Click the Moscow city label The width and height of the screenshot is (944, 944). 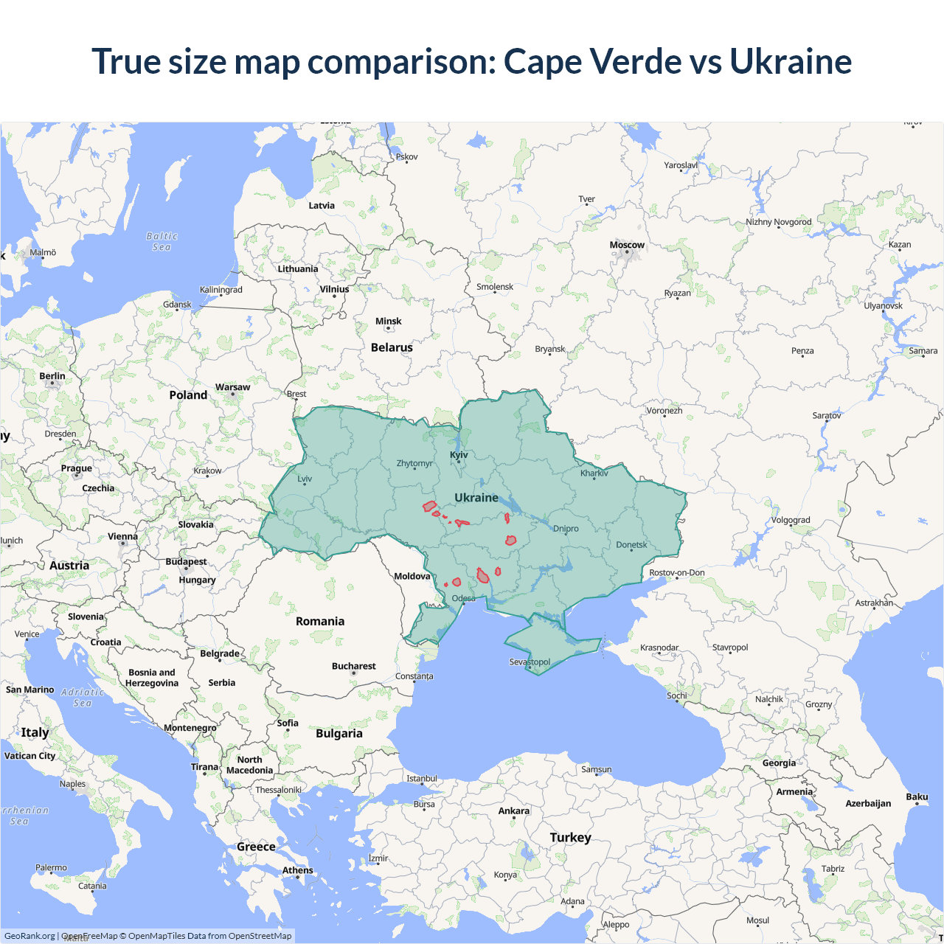coord(627,245)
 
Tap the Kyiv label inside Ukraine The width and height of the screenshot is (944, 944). coord(459,455)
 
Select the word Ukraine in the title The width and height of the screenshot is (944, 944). coord(790,61)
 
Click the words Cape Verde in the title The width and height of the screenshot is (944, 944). coord(592,61)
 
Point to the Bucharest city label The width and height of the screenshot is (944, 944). coord(353,666)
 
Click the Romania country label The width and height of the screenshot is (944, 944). coord(320,621)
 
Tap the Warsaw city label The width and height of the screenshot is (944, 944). coord(232,387)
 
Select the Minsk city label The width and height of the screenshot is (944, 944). coord(388,322)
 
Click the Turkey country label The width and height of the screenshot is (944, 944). coord(570,837)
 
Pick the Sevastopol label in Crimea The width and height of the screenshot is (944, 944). coord(530,662)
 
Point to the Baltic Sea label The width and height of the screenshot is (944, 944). coord(162,241)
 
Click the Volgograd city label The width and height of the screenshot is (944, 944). coord(791,520)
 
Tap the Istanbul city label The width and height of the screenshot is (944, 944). coord(422,778)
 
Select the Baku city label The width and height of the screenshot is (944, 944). coord(917,796)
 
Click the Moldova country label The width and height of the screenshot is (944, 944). coord(412,576)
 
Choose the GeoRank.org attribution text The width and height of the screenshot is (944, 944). coord(29,936)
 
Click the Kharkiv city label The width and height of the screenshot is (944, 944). coord(594,473)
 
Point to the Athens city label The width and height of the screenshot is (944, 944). coord(297,870)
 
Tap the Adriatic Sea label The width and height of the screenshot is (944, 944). coord(83,697)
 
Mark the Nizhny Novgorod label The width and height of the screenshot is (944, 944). coord(778,222)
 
